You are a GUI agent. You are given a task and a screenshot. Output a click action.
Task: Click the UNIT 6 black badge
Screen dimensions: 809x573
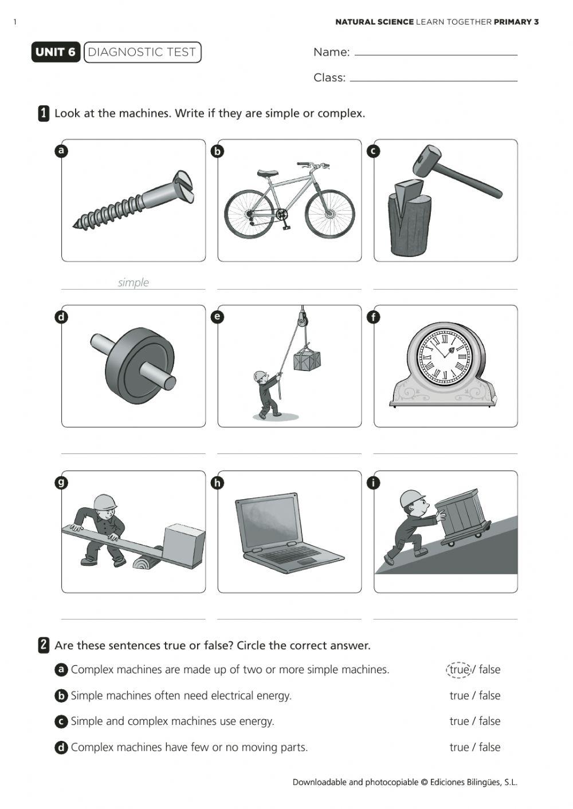point(56,52)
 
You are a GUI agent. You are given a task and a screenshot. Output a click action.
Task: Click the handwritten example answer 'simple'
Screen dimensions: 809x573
point(133,282)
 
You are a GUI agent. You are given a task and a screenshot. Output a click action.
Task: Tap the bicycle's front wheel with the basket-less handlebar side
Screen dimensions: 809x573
point(329,214)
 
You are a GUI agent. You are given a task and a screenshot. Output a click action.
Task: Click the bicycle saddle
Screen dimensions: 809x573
point(268,173)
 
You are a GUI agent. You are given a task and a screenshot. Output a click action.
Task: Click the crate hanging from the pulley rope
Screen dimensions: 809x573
point(307,360)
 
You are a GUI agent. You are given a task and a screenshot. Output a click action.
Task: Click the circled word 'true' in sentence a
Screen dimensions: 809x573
point(458,669)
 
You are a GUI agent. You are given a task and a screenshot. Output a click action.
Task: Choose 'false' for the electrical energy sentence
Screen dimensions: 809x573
point(489,696)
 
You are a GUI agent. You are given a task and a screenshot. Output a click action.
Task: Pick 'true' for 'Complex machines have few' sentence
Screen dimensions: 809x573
point(459,747)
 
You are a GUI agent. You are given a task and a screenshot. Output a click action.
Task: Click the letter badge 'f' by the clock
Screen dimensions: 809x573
point(373,317)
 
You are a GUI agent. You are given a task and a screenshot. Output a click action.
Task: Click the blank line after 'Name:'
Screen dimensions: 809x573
point(435,54)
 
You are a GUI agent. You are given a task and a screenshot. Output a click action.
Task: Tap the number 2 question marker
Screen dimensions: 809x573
point(44,645)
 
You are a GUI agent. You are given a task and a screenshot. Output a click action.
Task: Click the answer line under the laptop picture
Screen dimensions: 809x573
point(289,618)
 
